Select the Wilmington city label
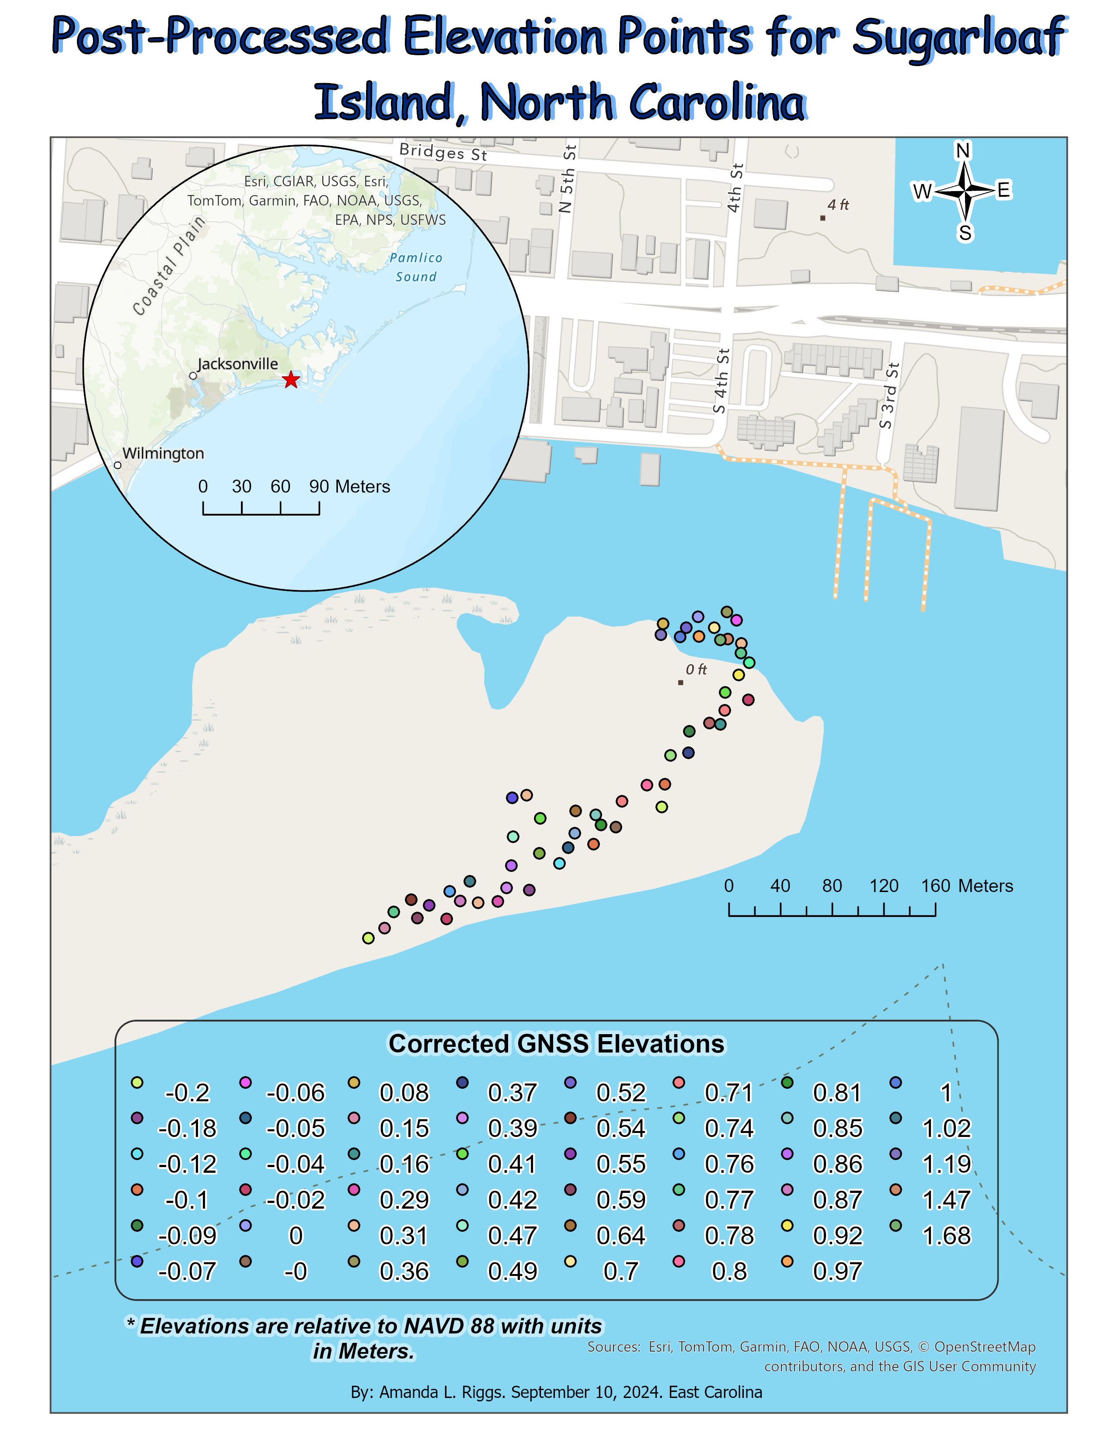pos(163,453)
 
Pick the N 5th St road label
pos(567,179)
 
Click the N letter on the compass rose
pos(962,151)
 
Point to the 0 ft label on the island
pos(696,670)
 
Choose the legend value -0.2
pos(187,1093)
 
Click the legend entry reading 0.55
pos(621,1164)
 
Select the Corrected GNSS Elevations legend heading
pos(556,1044)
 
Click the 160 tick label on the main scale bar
pos(935,886)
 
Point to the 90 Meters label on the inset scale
pos(349,487)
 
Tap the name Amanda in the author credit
pos(409,1392)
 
